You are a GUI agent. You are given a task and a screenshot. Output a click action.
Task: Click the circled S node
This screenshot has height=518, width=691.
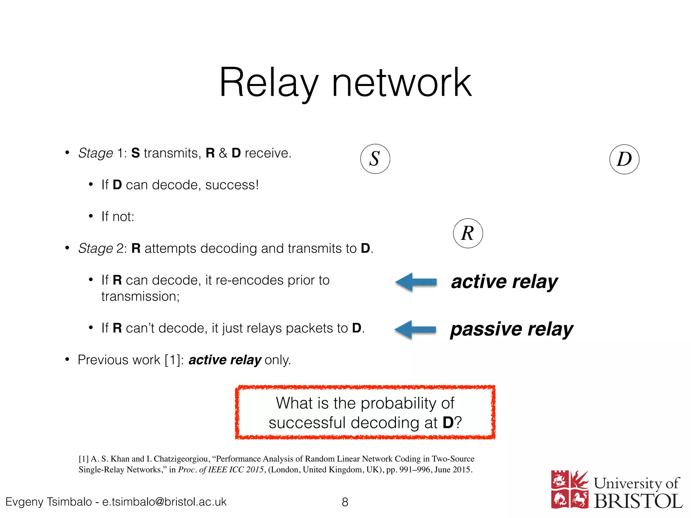pos(375,159)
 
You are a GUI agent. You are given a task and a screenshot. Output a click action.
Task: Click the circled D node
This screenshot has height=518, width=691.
pos(624,159)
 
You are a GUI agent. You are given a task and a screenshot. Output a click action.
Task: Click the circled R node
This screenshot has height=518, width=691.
pos(468,233)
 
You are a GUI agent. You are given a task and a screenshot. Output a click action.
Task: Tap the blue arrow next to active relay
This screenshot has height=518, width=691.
pos(416,282)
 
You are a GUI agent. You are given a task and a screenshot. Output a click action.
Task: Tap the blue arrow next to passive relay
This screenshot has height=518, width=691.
pos(415,329)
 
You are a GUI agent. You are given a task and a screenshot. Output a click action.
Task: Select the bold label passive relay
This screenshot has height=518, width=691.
pos(512,329)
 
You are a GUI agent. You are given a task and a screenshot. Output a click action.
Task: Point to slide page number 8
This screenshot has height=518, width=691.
pos(345,502)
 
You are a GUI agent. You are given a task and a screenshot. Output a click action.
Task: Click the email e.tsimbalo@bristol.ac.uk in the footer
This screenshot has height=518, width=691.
pos(164,502)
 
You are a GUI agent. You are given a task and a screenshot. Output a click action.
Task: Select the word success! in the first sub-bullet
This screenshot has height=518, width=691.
pos(232,185)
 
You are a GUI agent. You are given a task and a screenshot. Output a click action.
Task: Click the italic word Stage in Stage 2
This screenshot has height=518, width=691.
pos(95,249)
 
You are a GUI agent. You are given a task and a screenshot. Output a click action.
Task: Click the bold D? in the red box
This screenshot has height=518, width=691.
pos(452,423)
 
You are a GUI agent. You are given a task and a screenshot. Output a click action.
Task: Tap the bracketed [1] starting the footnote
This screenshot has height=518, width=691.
pos(83,459)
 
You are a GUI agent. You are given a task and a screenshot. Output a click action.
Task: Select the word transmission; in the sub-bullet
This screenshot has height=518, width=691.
pos(140,296)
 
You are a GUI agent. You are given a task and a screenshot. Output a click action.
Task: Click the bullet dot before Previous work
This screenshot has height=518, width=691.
pos(67,359)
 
